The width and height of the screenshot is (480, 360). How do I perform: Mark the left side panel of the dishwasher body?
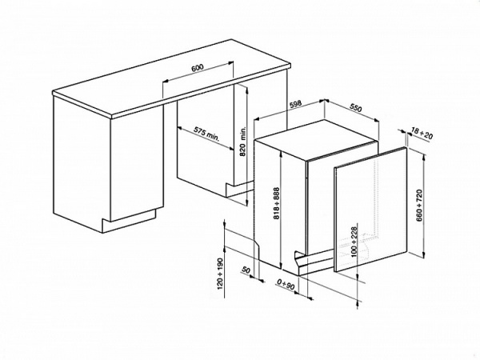pyautogui.click(x=267, y=200)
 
